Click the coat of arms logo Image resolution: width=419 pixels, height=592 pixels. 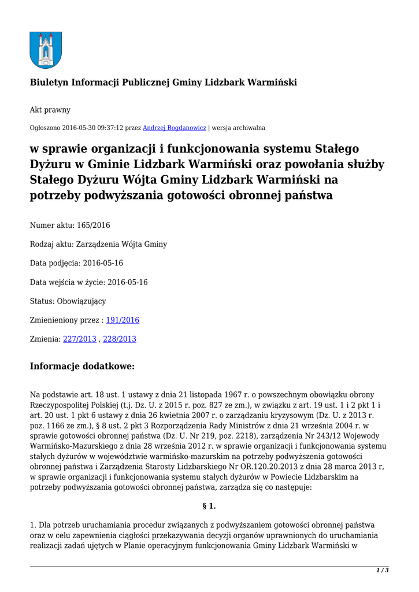click(x=46, y=50)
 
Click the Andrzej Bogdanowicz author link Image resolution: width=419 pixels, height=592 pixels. click(x=175, y=127)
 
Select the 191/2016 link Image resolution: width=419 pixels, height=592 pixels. click(x=123, y=320)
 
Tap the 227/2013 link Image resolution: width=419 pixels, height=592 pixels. click(x=80, y=339)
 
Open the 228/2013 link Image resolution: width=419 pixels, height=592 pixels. click(x=120, y=339)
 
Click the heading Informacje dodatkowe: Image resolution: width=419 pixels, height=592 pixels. click(x=82, y=366)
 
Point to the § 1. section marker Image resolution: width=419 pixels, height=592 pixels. click(x=209, y=506)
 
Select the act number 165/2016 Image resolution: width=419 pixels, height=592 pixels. click(x=94, y=225)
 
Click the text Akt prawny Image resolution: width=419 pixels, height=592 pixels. click(x=50, y=109)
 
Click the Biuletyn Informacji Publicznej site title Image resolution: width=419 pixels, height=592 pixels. click(x=164, y=83)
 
